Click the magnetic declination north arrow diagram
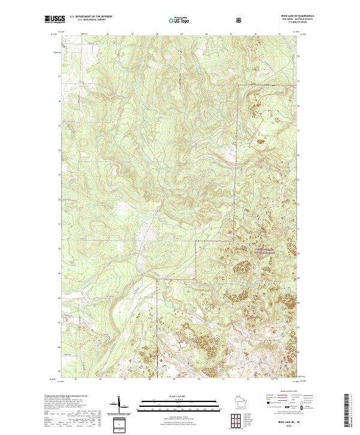pos(119,406)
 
